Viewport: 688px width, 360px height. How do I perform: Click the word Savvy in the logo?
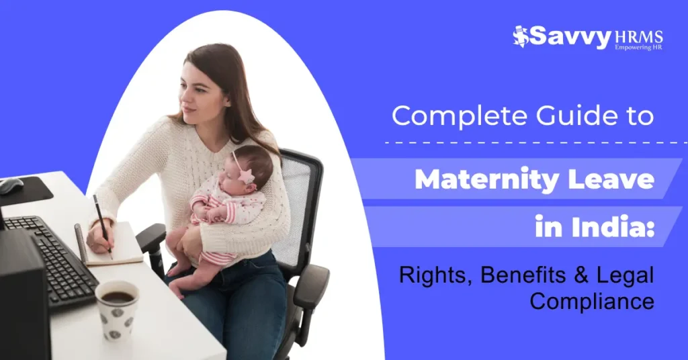click(x=570, y=36)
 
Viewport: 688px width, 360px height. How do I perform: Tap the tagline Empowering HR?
click(x=638, y=48)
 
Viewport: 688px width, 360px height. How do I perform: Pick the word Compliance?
click(x=592, y=302)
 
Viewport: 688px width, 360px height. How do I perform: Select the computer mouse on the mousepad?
click(x=11, y=185)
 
